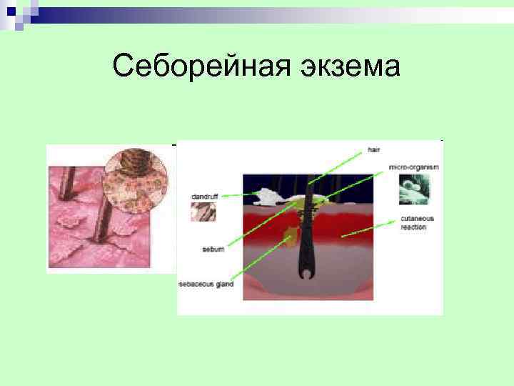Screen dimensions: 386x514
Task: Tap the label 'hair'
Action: pos(374,150)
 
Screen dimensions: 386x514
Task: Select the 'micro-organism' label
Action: pos(413,167)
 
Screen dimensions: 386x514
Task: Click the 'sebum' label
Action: pos(213,249)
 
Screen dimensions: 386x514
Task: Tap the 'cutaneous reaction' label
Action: pos(413,222)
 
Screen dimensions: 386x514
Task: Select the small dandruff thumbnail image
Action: pos(203,212)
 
